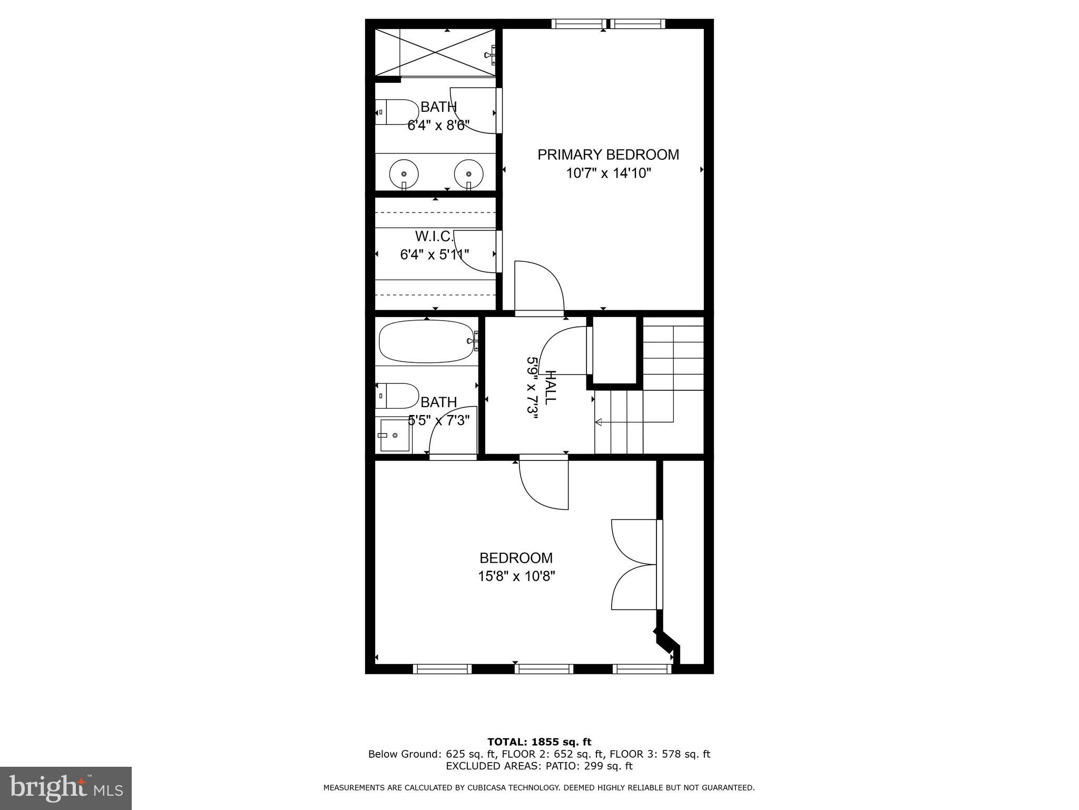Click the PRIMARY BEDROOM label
608,155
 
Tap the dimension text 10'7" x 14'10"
609,173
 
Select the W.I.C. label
434,236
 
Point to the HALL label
550,388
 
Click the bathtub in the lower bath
427,341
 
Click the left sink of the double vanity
404,174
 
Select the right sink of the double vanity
468,174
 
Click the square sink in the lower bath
395,436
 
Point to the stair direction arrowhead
599,422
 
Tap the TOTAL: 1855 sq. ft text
539,742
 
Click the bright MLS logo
66,788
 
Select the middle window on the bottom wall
544,669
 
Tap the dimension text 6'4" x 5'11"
435,255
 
